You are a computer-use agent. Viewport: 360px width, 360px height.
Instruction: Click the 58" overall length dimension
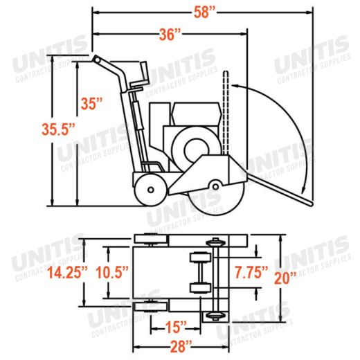point(204,12)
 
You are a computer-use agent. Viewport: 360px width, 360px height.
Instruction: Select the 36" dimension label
point(170,35)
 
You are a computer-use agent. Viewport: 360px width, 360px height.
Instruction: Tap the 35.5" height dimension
point(58,129)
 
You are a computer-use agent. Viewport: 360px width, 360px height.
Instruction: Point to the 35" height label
point(91,104)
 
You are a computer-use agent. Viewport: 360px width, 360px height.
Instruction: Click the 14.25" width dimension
point(67,272)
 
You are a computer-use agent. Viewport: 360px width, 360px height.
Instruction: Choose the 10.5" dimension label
point(112,272)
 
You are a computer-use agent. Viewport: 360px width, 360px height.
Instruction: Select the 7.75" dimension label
point(251,272)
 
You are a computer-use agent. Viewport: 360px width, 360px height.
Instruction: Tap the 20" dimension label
point(285,278)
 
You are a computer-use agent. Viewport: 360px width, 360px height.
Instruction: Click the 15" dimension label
point(176,327)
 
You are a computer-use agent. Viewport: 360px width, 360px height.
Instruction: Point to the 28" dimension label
point(181,346)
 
